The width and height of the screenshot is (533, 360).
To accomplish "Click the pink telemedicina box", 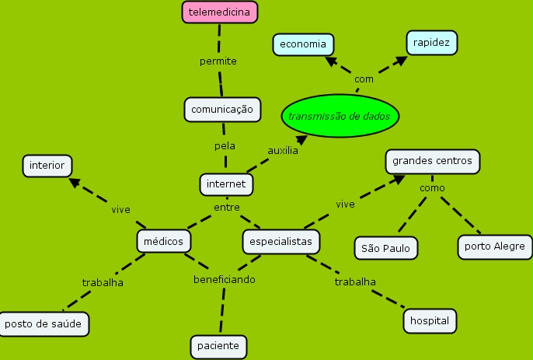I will [x=220, y=12].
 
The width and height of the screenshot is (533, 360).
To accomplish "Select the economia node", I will [x=303, y=44].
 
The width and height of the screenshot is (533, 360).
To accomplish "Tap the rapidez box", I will [x=432, y=42].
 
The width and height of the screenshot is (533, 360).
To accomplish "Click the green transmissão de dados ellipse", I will [x=341, y=116].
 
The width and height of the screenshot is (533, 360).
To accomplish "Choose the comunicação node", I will [x=222, y=110].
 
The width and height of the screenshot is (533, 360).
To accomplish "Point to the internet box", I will [x=226, y=184].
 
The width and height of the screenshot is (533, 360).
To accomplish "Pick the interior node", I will [x=47, y=166].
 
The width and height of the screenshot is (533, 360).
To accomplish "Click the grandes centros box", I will [x=432, y=161].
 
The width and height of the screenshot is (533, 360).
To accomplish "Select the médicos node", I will [x=164, y=242].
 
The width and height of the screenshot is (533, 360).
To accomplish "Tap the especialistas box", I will [x=280, y=242].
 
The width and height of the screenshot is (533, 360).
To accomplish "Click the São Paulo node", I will [x=386, y=248].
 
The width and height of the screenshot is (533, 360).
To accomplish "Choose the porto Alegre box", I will [x=495, y=247].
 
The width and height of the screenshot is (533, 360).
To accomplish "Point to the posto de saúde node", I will [x=44, y=323].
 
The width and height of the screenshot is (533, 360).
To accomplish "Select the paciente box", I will [x=219, y=346].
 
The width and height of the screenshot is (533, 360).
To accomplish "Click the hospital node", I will [x=430, y=320].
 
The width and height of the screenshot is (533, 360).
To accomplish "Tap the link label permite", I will [x=218, y=61].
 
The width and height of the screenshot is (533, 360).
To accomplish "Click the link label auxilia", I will [x=282, y=150].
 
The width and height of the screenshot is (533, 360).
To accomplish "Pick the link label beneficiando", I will [x=224, y=278].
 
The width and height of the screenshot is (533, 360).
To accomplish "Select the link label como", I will [x=432, y=188].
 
